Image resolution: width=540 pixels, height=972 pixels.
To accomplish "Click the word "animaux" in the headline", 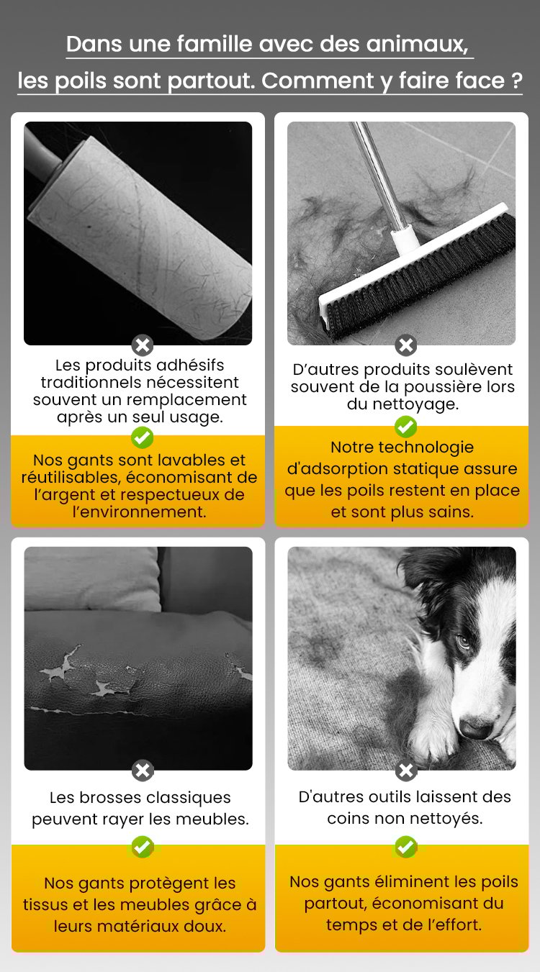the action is click(x=417, y=45).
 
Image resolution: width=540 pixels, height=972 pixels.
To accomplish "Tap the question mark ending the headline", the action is click(x=516, y=81).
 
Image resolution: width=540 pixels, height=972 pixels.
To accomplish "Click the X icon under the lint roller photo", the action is click(x=143, y=345).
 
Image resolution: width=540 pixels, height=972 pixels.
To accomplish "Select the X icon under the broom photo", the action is click(x=406, y=345).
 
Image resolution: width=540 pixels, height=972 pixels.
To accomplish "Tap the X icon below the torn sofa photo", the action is click(x=143, y=771).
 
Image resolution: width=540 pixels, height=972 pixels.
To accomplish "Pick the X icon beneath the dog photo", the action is click(x=406, y=771).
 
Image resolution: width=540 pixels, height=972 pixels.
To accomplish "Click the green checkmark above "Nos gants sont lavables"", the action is click(x=143, y=437).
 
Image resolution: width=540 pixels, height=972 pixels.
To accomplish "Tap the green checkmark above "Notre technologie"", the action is click(x=406, y=427).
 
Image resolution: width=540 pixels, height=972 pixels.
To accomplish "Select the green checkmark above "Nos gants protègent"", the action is click(x=143, y=847).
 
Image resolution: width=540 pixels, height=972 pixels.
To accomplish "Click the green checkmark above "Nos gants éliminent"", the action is click(x=406, y=847).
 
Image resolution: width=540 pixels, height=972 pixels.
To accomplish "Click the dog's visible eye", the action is click(x=463, y=641).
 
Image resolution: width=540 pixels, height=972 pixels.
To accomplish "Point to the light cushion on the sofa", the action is click(x=92, y=579).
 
